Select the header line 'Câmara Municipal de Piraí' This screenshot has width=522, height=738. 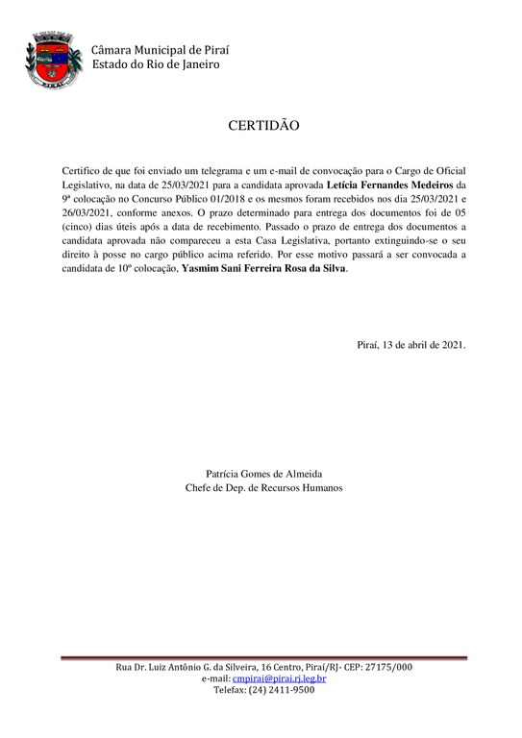(x=161, y=50)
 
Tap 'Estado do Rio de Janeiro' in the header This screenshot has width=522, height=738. (x=156, y=64)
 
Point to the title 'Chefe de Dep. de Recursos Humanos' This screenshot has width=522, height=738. (x=263, y=487)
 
